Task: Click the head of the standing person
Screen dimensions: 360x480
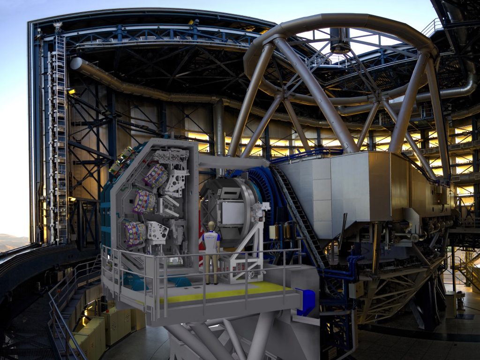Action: (211, 226)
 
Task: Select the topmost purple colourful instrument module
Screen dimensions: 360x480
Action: (156, 176)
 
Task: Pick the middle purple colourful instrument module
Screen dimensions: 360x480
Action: (144, 202)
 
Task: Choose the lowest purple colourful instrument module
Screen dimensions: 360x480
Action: (135, 233)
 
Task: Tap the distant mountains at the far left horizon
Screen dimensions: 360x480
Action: (12, 241)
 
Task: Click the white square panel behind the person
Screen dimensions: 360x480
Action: (233, 212)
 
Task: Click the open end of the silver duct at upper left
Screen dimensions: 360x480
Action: (75, 64)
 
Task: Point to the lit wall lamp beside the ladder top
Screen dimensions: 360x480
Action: (72, 92)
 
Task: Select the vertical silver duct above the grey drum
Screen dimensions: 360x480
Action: (219, 127)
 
